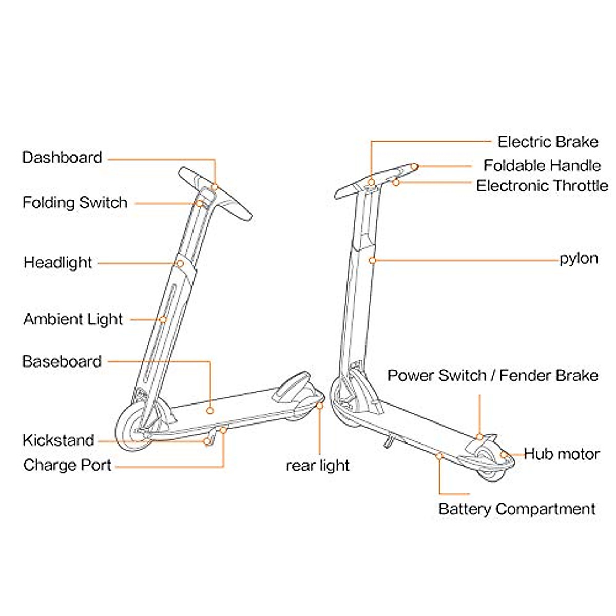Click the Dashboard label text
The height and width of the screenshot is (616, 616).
coord(62,158)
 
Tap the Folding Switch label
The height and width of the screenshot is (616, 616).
coord(75,203)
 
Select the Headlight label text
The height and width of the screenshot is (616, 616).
coord(58,263)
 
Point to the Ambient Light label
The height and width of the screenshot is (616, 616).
coord(73,319)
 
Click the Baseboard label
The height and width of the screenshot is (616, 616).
coord(62,361)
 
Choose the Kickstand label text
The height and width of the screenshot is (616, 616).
coord(59,440)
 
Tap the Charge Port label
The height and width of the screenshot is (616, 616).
coord(67,466)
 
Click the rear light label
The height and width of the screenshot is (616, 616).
coord(318,466)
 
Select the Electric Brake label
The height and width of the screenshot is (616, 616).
coord(548,142)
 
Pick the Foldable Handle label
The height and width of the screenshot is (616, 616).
coord(542,166)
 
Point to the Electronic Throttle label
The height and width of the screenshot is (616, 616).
coord(542,186)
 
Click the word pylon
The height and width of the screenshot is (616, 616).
coord(579,258)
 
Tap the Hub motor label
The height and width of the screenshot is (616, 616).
coord(562,454)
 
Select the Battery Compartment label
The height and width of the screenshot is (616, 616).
coord(517,509)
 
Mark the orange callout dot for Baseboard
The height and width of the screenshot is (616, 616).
coord(210,410)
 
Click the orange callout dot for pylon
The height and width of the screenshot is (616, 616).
coord(373,260)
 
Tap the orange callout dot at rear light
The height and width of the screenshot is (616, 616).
coord(320,406)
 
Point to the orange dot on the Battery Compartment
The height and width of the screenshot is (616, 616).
coord(439,455)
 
